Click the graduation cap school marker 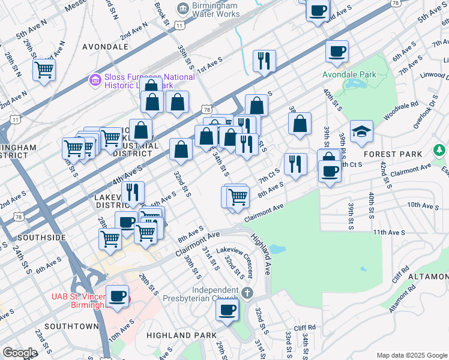coord(361,133)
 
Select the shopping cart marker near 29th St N coord(44,70)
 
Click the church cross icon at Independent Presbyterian coord(249,292)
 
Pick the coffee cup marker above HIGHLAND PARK coord(228,310)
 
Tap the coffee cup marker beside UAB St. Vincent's coord(117,296)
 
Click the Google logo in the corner coord(20,353)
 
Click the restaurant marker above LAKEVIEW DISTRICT coord(133,193)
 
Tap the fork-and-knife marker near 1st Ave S coord(264,61)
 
